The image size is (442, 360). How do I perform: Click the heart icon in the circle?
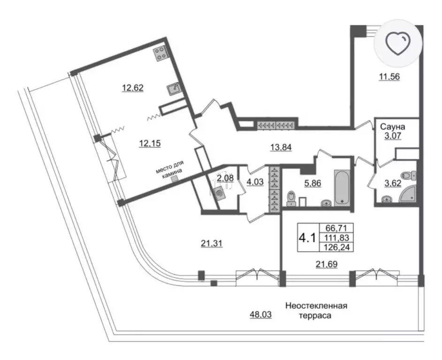(398, 44)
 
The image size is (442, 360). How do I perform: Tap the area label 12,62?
(133, 88)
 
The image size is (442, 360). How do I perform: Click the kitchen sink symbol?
(173, 89)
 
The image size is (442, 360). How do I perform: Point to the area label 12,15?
(150, 143)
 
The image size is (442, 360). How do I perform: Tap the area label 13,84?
(281, 147)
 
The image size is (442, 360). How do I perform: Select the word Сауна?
(393, 127)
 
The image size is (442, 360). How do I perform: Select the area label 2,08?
(225, 178)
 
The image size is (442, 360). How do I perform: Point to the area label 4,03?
(255, 182)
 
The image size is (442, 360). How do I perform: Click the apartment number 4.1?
(307, 238)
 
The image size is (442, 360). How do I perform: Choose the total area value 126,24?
(337, 247)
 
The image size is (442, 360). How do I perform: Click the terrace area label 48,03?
(261, 315)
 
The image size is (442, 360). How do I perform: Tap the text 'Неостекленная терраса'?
(316, 310)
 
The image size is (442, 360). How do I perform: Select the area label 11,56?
(389, 76)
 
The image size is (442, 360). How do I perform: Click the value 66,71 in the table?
(336, 228)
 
